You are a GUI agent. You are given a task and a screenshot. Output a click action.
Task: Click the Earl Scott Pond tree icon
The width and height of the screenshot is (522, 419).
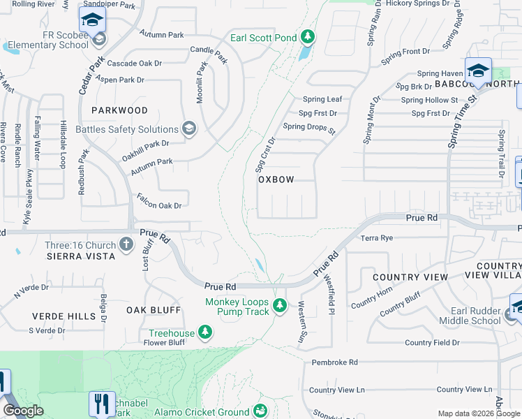point(308,37)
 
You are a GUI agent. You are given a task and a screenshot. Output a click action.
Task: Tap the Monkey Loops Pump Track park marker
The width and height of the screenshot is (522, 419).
point(280,305)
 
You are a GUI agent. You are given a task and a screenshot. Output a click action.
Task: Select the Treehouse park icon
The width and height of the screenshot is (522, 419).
point(205,331)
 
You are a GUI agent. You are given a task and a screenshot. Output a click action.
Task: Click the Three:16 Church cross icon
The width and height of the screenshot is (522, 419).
point(126,244)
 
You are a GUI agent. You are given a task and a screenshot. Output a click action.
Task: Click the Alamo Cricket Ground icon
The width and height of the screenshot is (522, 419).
point(261,410)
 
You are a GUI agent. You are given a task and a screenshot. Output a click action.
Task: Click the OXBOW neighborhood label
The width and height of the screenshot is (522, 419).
point(276,179)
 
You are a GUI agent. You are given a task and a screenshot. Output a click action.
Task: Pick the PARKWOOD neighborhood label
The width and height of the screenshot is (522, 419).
point(119,110)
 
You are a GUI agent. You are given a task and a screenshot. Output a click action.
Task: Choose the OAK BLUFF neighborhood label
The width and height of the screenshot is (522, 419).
point(154,309)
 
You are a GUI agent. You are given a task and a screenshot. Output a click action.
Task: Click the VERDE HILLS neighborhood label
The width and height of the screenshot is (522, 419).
point(64,316)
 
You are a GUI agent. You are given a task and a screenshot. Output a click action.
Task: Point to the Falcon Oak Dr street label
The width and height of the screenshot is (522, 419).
point(159,205)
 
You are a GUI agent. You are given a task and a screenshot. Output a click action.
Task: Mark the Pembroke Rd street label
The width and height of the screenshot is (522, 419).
point(334,362)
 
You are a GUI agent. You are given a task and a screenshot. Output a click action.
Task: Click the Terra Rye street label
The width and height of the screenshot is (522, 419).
point(378,238)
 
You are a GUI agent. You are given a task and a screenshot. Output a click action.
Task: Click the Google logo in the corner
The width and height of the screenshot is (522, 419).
point(23,411)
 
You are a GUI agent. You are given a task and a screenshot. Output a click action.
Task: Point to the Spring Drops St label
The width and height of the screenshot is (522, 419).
point(309,128)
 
